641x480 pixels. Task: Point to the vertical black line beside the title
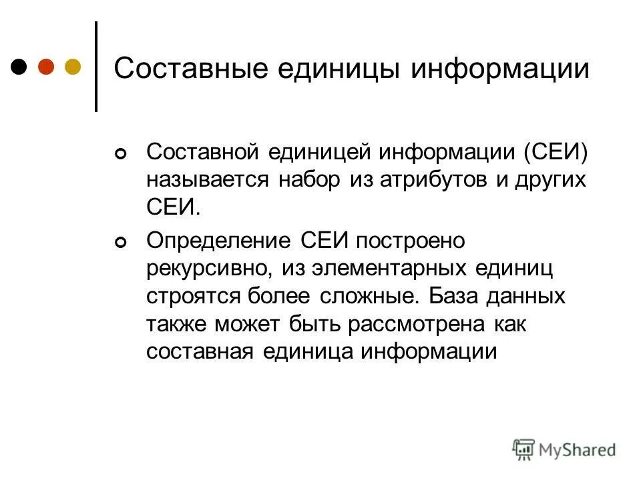[x=96, y=66]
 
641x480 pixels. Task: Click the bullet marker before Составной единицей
[x=120, y=155]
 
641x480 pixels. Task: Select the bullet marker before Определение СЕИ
[x=120, y=245]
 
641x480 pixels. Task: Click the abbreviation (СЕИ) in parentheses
[x=556, y=153]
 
